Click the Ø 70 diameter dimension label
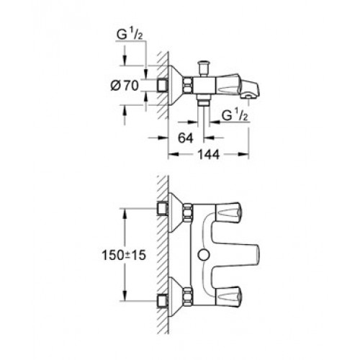pyautogui.click(x=125, y=86)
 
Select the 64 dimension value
pyautogui.click(x=186, y=138)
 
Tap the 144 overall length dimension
pyautogui.click(x=208, y=155)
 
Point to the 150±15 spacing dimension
pyautogui.click(x=124, y=255)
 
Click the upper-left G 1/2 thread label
pyautogui.click(x=130, y=35)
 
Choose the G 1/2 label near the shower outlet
pyautogui.click(x=234, y=116)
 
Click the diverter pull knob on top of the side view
pyautogui.click(x=203, y=68)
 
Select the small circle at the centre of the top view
pyautogui.click(x=204, y=255)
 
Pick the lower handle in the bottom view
pyautogui.click(x=228, y=297)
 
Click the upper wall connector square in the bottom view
pyautogui.click(x=162, y=208)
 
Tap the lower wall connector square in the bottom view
pyautogui.click(x=162, y=301)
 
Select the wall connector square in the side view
pyautogui.click(x=162, y=85)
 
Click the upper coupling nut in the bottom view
pyautogui.click(x=188, y=212)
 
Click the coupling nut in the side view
pyautogui.click(x=189, y=85)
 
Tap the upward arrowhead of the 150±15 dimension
pyautogui.click(x=125, y=214)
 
